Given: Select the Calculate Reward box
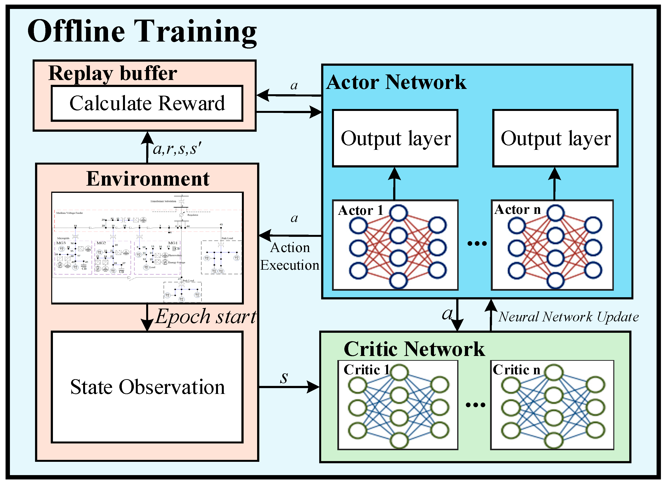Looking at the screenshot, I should (147, 103).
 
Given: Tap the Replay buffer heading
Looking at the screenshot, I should (113, 73).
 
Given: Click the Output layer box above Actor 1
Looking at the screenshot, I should (395, 138).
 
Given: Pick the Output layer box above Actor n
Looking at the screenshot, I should (555, 138).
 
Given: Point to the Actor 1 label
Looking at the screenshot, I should (361, 210).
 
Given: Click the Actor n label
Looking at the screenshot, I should (517, 210).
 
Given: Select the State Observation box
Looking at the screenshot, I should (147, 387).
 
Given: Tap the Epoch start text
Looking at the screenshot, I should (206, 317).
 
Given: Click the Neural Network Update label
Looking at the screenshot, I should (568, 317).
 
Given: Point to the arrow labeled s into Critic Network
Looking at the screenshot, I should (289, 387).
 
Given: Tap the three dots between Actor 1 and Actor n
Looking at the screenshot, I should (477, 243).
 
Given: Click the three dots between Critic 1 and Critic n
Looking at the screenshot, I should (475, 405).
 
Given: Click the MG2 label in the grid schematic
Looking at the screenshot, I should (101, 243).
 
